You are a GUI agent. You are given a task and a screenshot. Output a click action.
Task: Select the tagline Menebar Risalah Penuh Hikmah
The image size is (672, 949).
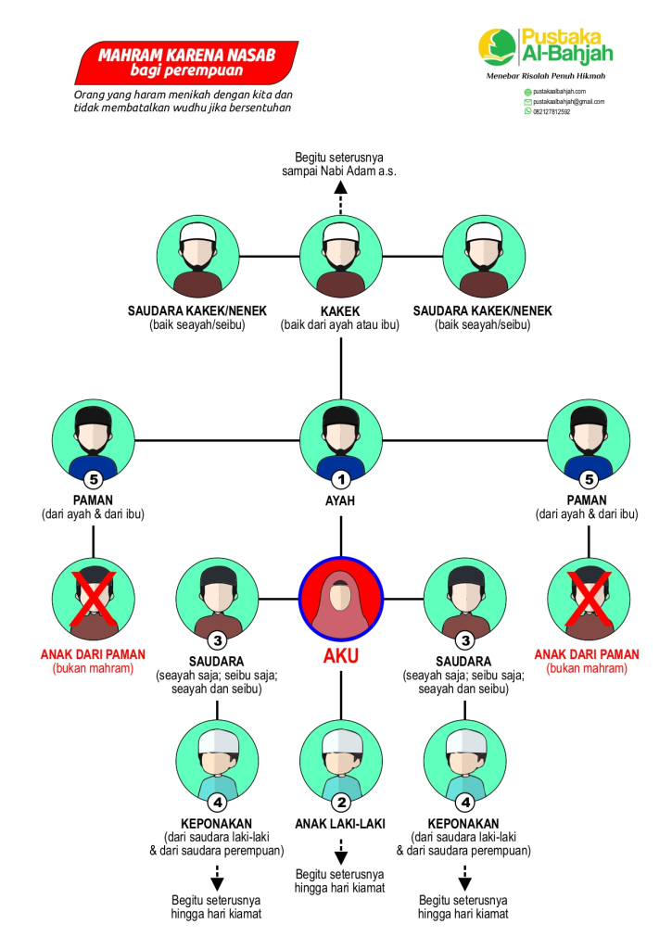545,75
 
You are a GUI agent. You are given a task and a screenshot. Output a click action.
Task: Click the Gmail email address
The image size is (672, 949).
568,102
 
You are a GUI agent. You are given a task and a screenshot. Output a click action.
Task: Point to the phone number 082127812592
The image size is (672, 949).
552,111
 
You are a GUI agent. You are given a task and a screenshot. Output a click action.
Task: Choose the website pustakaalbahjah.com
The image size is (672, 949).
560,93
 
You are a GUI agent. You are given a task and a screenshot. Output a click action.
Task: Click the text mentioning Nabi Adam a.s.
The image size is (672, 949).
340,171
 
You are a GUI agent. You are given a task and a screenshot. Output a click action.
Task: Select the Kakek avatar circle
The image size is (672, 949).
341,256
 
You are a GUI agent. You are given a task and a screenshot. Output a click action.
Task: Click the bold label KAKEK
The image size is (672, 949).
341,311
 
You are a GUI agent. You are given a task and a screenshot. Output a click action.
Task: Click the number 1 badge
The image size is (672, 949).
341,480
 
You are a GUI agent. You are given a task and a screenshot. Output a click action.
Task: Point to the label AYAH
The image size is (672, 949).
341,500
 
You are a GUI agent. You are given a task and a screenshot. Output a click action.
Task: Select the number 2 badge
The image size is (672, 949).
341,802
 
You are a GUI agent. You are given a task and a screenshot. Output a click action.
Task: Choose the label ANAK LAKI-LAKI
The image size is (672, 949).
340,824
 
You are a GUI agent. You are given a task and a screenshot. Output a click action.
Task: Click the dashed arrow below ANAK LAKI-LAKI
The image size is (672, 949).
341,851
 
